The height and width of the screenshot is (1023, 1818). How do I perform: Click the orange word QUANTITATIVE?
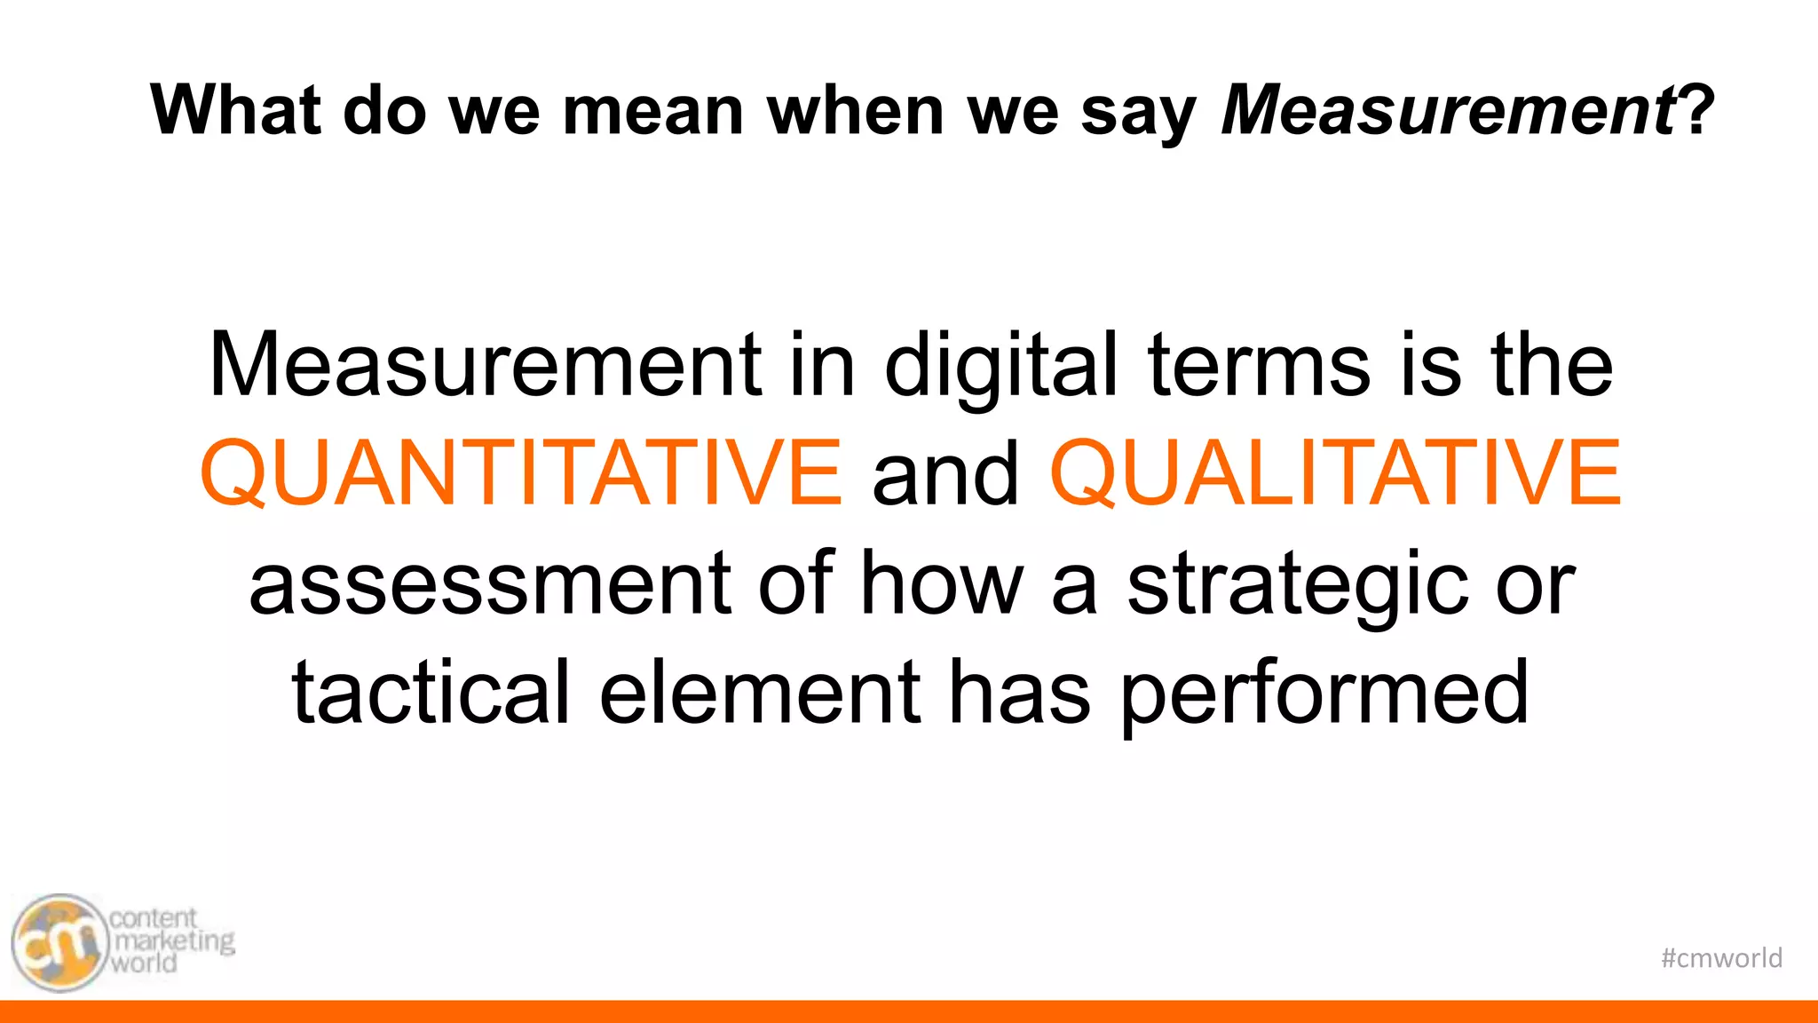coord(521,472)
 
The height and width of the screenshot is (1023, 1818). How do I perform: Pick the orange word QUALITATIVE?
coord(1336,472)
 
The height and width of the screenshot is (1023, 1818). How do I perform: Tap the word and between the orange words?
coord(945,475)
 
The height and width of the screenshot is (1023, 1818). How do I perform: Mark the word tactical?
coord(431,693)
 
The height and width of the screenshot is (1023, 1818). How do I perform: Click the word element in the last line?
coord(760,693)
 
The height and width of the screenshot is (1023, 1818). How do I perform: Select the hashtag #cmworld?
coord(1721,958)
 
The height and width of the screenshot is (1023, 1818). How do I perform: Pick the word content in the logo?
coord(153,917)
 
